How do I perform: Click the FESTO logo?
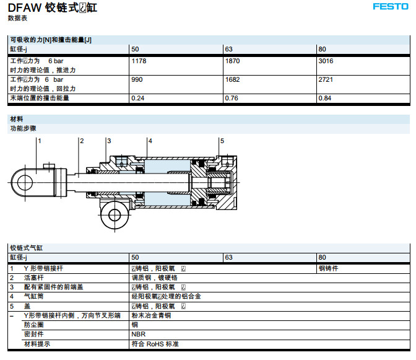(389, 7)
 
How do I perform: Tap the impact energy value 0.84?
(324, 98)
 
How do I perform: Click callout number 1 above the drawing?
(39, 141)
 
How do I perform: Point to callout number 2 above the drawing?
(81, 141)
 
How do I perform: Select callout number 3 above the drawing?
(108, 141)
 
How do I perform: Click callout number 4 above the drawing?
(150, 141)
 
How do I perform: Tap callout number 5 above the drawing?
(222, 141)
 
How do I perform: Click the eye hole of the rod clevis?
(25, 183)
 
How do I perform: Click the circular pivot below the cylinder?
(115, 215)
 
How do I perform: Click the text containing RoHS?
(155, 343)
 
